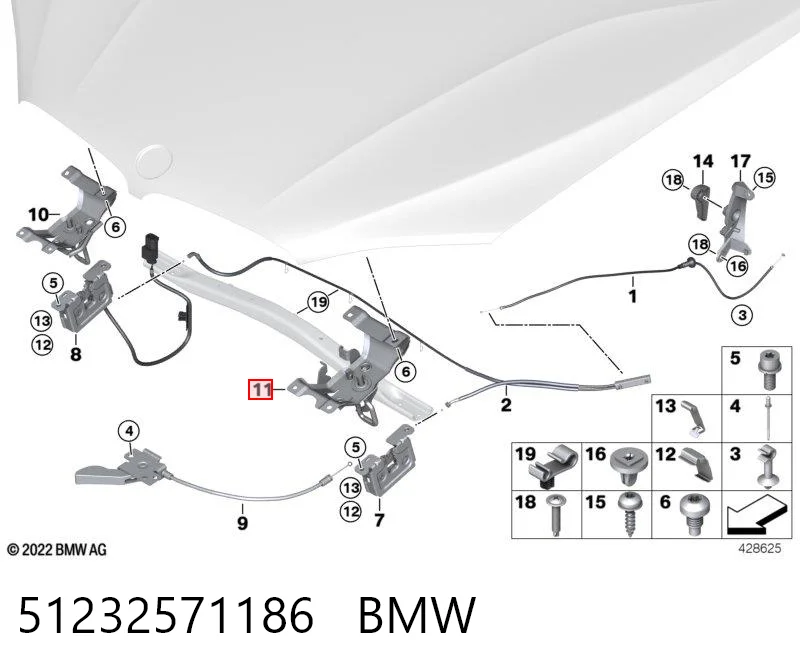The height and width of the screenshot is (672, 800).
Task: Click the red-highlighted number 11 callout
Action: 261,390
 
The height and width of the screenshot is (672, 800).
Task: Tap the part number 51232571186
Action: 166,615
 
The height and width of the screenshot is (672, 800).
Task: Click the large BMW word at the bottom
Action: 417,615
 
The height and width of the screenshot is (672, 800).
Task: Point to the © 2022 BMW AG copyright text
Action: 57,550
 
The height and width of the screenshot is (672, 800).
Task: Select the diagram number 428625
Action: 760,548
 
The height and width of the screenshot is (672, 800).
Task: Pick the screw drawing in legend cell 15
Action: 631,514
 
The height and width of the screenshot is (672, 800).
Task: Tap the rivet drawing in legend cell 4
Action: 768,418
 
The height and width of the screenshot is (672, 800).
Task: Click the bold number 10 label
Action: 38,214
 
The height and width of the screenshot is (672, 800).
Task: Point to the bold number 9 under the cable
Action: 242,522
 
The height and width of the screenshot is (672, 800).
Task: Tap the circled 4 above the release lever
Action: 129,431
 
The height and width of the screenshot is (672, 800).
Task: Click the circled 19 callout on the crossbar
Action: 319,302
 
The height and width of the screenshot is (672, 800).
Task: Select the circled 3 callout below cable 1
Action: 742,315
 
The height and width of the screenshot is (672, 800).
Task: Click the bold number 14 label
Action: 703,161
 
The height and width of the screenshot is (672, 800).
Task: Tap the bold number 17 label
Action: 741,161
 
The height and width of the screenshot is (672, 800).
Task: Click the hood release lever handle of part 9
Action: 98,475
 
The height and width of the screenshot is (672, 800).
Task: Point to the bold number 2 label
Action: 506,405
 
